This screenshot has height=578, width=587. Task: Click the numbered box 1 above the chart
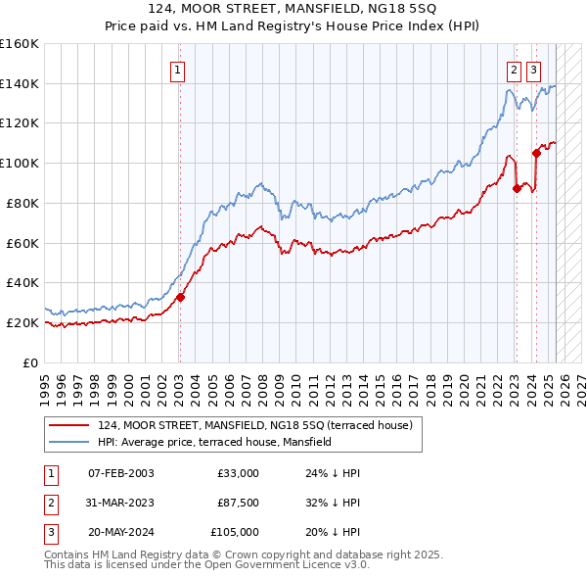(x=177, y=70)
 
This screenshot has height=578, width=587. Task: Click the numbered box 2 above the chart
(x=514, y=70)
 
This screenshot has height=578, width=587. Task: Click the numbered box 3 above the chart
(x=533, y=70)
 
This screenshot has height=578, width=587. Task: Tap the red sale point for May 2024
(x=536, y=152)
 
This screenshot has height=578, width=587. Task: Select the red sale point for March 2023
(x=517, y=188)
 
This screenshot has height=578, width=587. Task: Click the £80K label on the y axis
(x=23, y=203)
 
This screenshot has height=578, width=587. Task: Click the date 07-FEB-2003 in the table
(x=120, y=473)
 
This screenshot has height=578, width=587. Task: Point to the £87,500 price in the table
(x=238, y=503)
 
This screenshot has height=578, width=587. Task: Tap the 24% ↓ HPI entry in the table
(x=333, y=473)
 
